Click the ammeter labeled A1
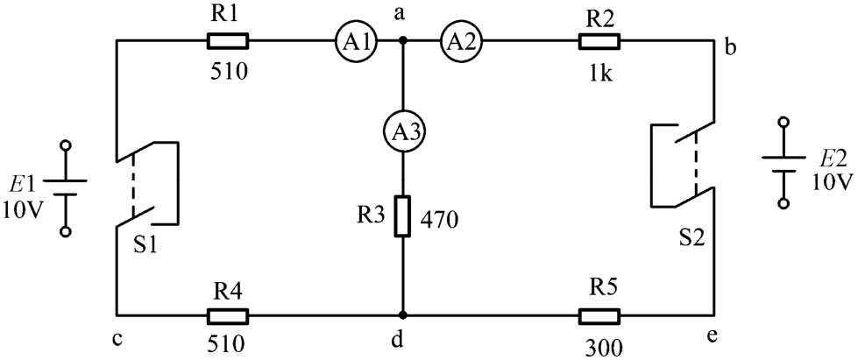point(352,40)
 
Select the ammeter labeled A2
point(457,40)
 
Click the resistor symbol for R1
point(228,40)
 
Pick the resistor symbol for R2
point(599,40)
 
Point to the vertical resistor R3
point(402,215)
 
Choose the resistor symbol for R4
point(228,314)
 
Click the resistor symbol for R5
point(599,314)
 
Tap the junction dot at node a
point(402,40)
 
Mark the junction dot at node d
point(402,314)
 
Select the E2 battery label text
point(833,159)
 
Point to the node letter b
point(730,48)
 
